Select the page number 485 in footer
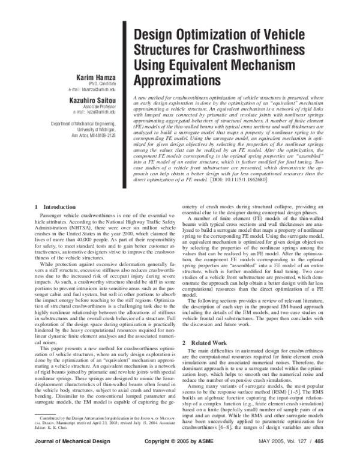pyautogui.click(x=323, y=456)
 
